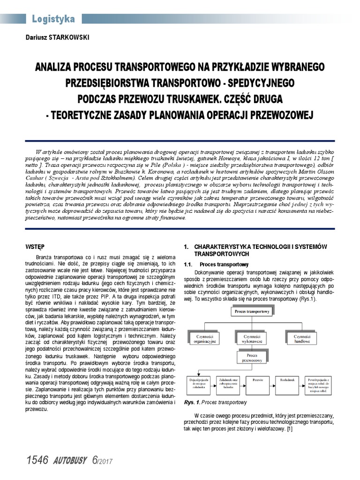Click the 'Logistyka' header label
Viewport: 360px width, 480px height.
[53, 19]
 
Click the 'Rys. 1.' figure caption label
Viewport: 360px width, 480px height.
[192, 402]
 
